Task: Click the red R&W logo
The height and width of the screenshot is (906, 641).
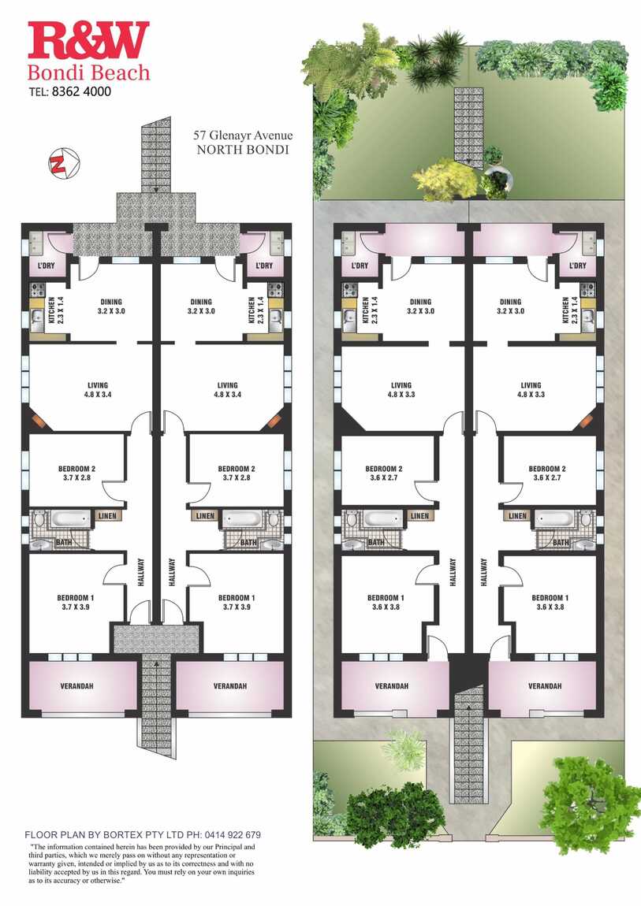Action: pos(88,41)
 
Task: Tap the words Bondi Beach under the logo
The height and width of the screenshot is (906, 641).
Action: pos(88,72)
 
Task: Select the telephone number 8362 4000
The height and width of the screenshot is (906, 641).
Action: pos(81,91)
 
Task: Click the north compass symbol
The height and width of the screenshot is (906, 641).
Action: pos(64,162)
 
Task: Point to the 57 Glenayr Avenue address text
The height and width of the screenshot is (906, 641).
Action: pos(243,136)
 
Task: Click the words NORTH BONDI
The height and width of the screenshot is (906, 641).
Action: pos(243,150)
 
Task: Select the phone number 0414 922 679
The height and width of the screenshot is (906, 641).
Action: pos(231,834)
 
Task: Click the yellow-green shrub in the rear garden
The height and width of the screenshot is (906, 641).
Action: pos(445,180)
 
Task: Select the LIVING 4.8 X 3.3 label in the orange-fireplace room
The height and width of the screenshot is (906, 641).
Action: pos(531,389)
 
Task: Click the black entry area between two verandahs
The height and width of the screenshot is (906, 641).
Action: pos(468,671)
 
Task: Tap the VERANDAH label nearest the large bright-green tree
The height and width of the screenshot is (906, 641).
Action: pos(545,686)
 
